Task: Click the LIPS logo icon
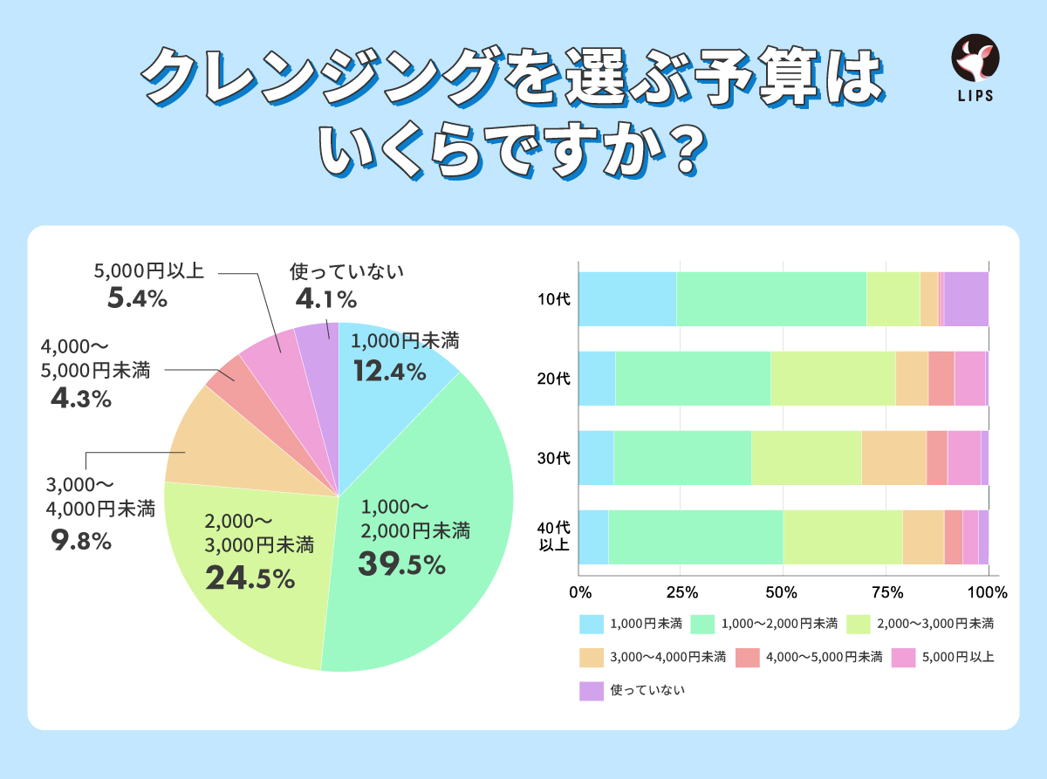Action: click(x=975, y=58)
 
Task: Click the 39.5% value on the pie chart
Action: click(x=401, y=564)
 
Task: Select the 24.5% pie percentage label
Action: click(x=250, y=577)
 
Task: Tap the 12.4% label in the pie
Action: click(x=389, y=372)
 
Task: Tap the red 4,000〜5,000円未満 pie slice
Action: click(x=224, y=375)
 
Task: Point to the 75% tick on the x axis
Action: click(x=886, y=593)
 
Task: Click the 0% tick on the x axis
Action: click(x=579, y=593)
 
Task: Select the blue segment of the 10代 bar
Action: click(x=627, y=299)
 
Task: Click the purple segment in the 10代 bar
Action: click(x=966, y=299)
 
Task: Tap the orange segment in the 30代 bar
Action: click(x=893, y=458)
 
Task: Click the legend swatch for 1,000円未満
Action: click(x=592, y=624)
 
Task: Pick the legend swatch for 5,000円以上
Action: click(x=904, y=657)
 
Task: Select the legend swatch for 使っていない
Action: click(x=592, y=690)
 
